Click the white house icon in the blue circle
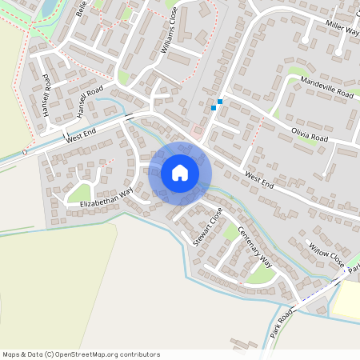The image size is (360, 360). click(180, 173)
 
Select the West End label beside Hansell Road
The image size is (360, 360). click(81, 134)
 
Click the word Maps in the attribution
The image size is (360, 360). click(11, 354)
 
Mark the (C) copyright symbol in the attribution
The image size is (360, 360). click(50, 354)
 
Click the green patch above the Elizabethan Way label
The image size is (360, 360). click(80, 193)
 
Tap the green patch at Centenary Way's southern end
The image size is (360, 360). click(260, 275)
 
